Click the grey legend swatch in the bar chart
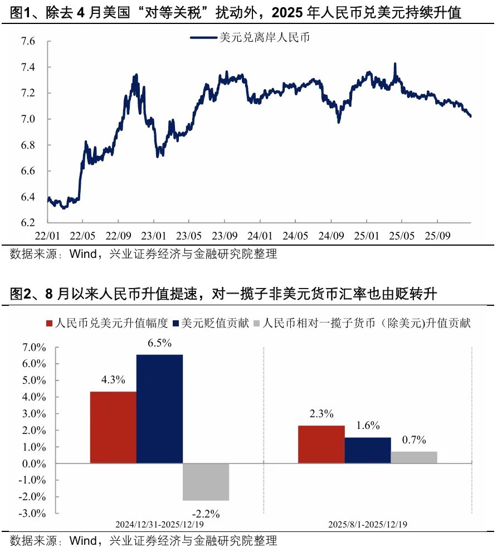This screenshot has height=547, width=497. tap(257, 324)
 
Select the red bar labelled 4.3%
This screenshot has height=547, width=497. tap(113, 427)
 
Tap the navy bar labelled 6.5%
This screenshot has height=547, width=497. tap(159, 409)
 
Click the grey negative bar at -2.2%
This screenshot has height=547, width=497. tap(206, 482)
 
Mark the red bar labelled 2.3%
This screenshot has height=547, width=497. tap(321, 444)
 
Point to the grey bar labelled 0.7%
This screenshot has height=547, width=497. tap(413, 457)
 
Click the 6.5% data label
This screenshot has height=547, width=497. tap(159, 343)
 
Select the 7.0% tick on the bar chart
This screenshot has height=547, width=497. tap(35, 348)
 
